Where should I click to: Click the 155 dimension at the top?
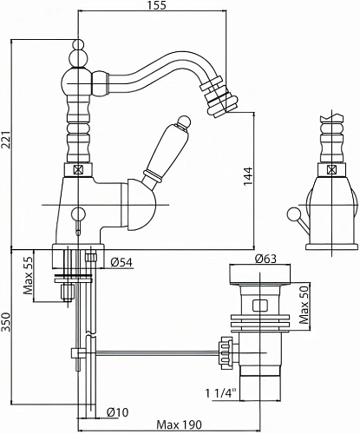[158, 5]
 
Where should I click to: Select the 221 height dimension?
[6, 140]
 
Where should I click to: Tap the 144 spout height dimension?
[248, 176]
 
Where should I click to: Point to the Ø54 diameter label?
[121, 262]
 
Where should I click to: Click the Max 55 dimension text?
[29, 275]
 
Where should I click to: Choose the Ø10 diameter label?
[117, 412]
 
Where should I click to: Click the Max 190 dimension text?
[179, 424]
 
